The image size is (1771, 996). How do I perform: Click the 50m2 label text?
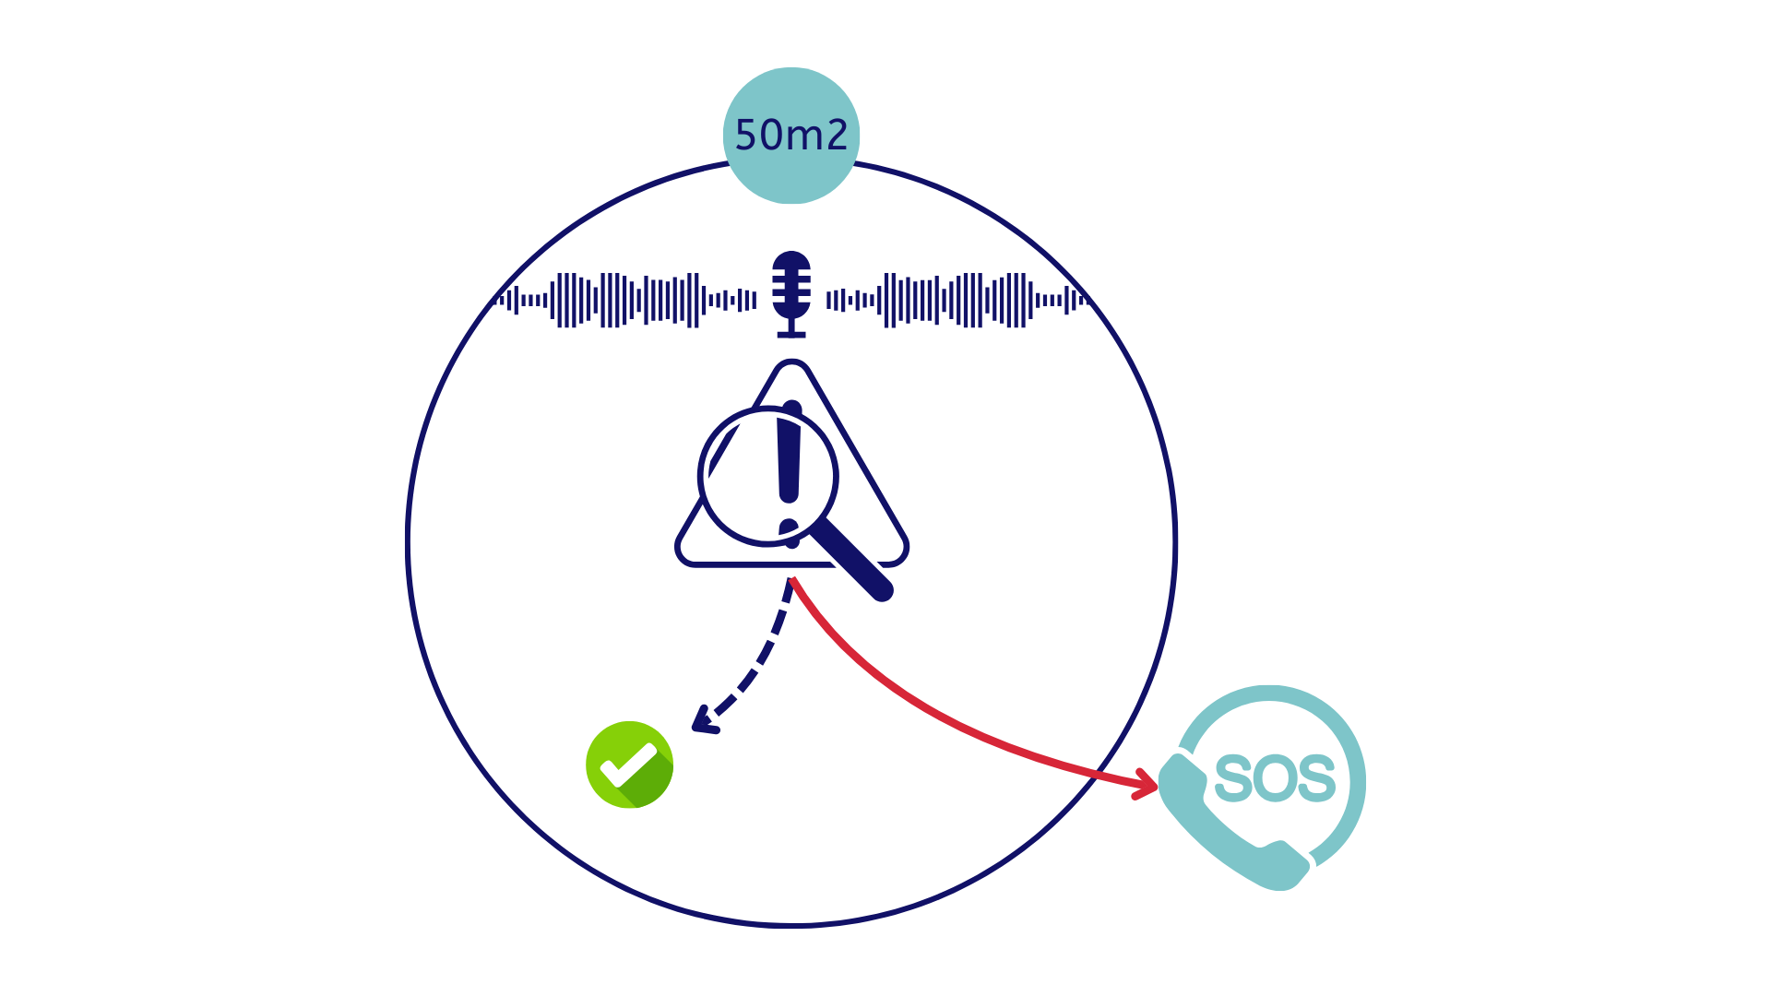click(x=791, y=136)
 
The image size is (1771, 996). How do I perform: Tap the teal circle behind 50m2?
click(x=791, y=136)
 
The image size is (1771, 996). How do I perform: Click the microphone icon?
click(x=791, y=294)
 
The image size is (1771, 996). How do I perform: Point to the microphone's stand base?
click(x=791, y=335)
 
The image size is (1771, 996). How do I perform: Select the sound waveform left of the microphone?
click(x=626, y=300)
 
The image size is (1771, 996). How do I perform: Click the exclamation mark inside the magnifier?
click(x=790, y=470)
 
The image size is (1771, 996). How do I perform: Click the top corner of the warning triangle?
click(x=791, y=362)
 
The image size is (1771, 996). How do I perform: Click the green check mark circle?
click(x=630, y=765)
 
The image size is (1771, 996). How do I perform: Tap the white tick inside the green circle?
click(x=628, y=765)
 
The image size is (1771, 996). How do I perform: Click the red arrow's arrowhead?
click(x=1147, y=784)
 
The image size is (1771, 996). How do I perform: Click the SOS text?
click(x=1275, y=778)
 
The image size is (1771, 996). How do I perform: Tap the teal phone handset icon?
click(x=1231, y=822)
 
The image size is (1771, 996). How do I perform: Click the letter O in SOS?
click(x=1276, y=778)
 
